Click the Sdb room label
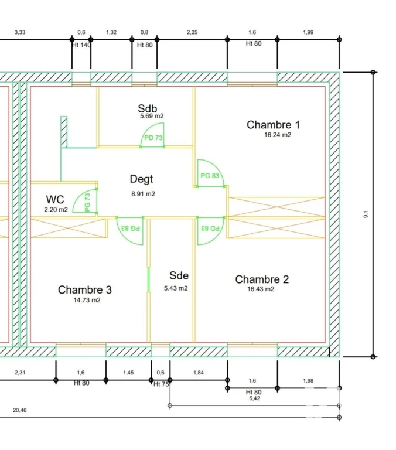[x=148, y=108]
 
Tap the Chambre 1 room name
[x=273, y=125]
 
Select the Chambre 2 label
[x=262, y=279]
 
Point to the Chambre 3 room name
[x=85, y=289]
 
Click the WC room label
[x=55, y=199]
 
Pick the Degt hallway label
[x=141, y=179]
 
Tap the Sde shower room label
[x=179, y=275]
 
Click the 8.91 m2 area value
[x=143, y=194]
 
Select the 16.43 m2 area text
[x=261, y=289]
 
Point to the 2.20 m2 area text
[x=56, y=210]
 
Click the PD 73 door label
[x=153, y=138]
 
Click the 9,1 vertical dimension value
[x=366, y=214]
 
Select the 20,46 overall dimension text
[x=20, y=410]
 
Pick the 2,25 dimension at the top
[x=192, y=32]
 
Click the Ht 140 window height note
[x=81, y=45]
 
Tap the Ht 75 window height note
[x=161, y=384]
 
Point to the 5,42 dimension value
[x=255, y=398]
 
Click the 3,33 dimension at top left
[x=20, y=32]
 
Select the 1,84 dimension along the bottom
[x=199, y=373]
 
